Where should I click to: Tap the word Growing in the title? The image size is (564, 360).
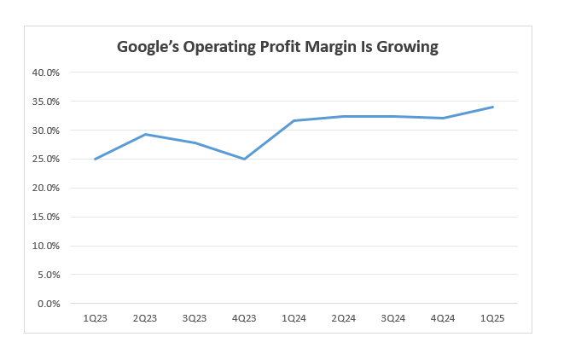pyautogui.click(x=405, y=48)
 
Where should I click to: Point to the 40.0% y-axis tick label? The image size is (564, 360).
pyautogui.click(x=45, y=73)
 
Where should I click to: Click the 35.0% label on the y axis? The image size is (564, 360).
pyautogui.click(x=45, y=102)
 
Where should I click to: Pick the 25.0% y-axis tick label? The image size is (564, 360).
pyautogui.click(x=45, y=160)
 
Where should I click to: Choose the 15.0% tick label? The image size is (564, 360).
pyautogui.click(x=45, y=217)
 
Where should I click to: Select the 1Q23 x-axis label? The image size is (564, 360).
pyautogui.click(x=94, y=319)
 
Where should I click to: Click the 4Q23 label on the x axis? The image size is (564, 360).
pyautogui.click(x=243, y=319)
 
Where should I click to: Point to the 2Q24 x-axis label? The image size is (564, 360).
pyautogui.click(x=343, y=319)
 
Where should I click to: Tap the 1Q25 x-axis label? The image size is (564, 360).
pyautogui.click(x=492, y=319)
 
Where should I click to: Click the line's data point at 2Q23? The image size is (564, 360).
pyautogui.click(x=144, y=134)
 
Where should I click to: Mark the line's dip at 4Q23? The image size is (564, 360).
pyautogui.click(x=244, y=159)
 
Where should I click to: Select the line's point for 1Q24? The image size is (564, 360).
pyautogui.click(x=294, y=120)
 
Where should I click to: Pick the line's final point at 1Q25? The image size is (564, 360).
pyautogui.click(x=493, y=107)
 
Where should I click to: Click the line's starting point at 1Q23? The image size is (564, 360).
pyautogui.click(x=94, y=159)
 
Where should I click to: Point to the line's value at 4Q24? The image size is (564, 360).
pyautogui.click(x=443, y=118)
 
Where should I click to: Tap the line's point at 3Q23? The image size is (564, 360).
pyautogui.click(x=194, y=142)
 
